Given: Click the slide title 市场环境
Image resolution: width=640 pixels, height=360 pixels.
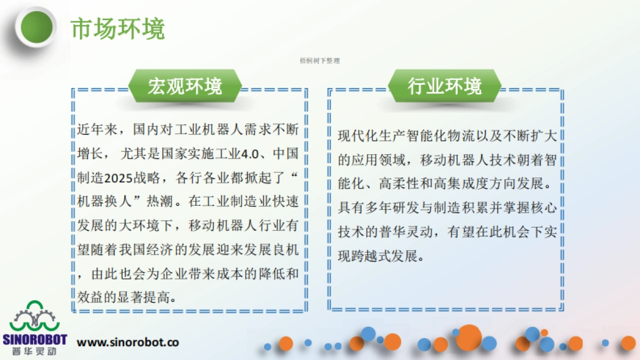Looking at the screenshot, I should pyautogui.click(x=118, y=29).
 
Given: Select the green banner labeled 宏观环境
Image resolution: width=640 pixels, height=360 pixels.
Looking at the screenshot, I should pyautogui.click(x=185, y=86).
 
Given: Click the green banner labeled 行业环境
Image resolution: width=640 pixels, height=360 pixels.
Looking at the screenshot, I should pyautogui.click(x=444, y=86).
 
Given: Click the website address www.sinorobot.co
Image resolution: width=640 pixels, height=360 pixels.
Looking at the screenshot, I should pyautogui.click(x=128, y=342).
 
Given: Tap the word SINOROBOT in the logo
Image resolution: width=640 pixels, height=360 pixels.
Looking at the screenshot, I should pyautogui.click(x=35, y=340).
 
